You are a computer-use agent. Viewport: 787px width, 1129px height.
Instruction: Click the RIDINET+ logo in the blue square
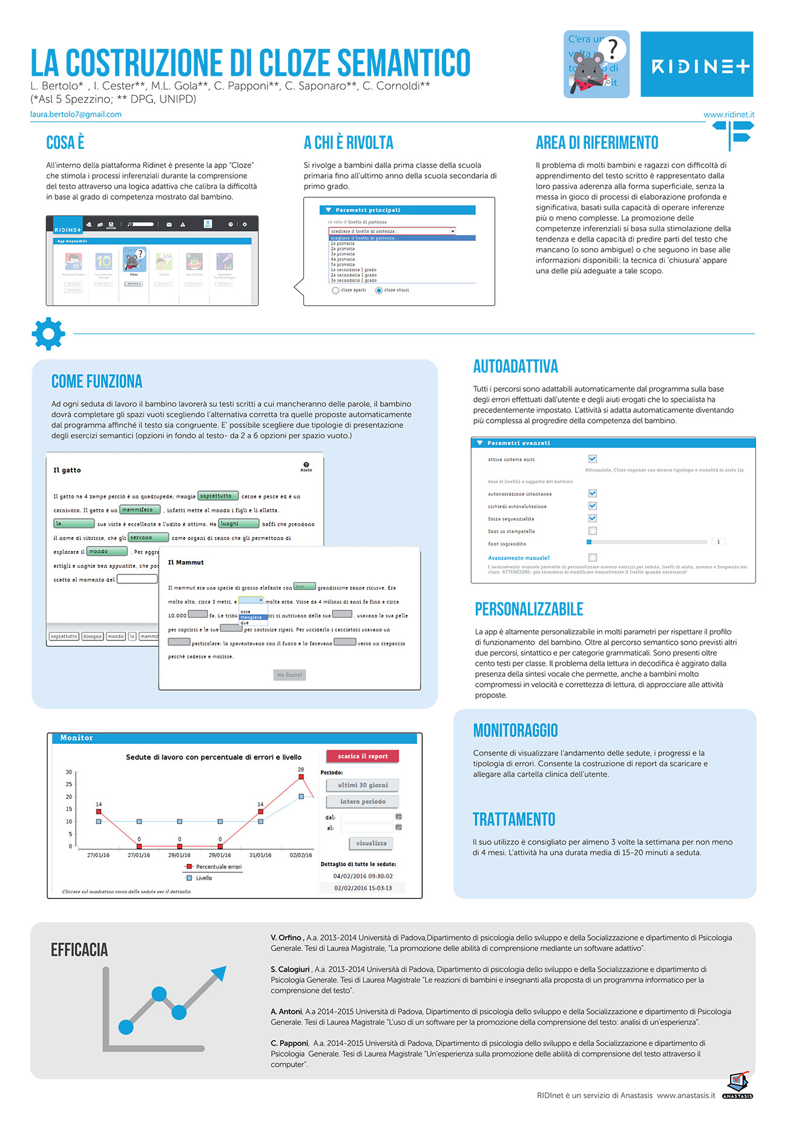[697, 65]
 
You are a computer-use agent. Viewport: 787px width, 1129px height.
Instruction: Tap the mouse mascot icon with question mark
[596, 64]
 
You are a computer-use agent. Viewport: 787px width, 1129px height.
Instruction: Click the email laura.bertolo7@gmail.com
[76, 114]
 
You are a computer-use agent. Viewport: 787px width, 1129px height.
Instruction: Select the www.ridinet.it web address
[729, 114]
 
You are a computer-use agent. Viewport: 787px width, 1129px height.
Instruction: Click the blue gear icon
[48, 333]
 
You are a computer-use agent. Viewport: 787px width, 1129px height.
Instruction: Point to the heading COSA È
[65, 143]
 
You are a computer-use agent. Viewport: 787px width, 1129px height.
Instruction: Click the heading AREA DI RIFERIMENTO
[597, 143]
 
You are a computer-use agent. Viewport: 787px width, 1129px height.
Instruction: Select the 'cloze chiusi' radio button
[379, 291]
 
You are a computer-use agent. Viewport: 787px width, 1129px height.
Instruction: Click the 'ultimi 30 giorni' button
[363, 785]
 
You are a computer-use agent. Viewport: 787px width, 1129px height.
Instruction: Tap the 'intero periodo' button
[363, 801]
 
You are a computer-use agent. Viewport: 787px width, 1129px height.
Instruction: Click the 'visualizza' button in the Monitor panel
[371, 843]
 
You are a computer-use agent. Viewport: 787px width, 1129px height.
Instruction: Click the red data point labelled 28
[301, 778]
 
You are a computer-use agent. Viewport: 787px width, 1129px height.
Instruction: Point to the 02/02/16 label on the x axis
[301, 855]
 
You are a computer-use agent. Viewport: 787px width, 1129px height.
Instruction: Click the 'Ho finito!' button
[289, 675]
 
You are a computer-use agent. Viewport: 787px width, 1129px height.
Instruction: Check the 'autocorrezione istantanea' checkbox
[593, 493]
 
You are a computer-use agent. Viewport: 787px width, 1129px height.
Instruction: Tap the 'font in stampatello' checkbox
[593, 531]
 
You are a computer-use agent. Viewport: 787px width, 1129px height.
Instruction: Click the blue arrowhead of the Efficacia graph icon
[219, 973]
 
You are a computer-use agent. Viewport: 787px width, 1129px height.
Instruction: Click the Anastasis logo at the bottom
[738, 1086]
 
